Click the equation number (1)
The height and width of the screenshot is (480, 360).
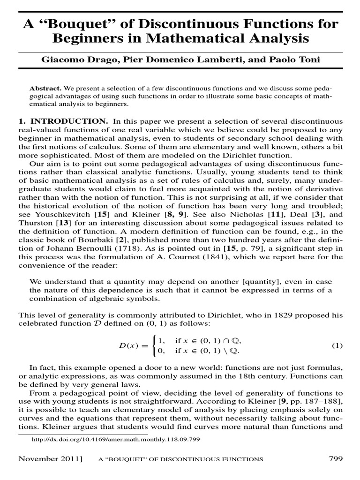337,345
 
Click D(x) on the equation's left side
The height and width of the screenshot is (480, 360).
137,346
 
